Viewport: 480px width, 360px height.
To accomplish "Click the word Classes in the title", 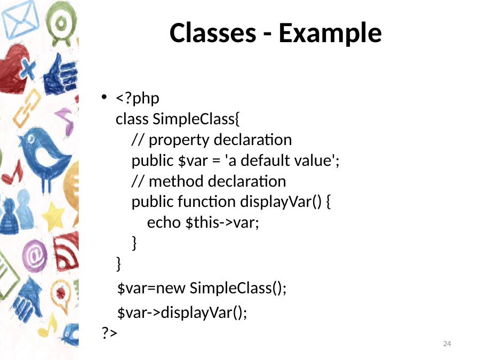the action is click(213, 33).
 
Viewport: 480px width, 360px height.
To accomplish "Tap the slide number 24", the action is click(447, 343).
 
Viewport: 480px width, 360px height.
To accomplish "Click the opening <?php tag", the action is click(138, 99).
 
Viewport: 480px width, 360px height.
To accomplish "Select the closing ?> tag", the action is click(109, 332).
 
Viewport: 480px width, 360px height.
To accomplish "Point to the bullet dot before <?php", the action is click(104, 98).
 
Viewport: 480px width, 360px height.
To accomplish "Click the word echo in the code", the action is click(164, 222).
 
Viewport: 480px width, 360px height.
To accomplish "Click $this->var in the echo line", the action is click(222, 222).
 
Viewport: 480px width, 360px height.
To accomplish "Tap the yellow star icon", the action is click(53, 216).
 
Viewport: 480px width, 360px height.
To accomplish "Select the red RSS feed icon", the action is click(66, 252).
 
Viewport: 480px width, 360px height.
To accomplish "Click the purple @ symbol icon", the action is click(35, 256).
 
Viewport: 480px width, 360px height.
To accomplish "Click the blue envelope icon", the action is click(20, 20).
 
